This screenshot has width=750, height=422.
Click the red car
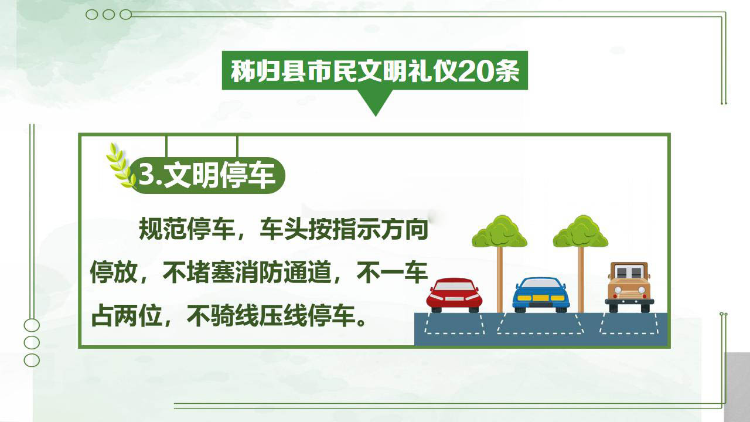pyautogui.click(x=454, y=295)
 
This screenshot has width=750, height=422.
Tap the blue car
pyautogui.click(x=541, y=294)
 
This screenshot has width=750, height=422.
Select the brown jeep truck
pyautogui.click(x=629, y=287)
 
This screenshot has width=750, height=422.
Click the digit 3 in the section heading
pyautogui.click(x=146, y=174)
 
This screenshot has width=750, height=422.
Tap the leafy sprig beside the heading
pyautogui.click(x=120, y=165)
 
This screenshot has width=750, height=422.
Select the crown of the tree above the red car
pyautogui.click(x=500, y=232)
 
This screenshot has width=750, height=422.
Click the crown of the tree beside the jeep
pyautogui.click(x=581, y=232)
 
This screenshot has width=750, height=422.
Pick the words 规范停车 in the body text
pyautogui.click(x=187, y=229)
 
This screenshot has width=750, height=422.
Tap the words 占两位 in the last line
pyautogui.click(x=127, y=315)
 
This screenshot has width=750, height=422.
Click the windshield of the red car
pyautogui.click(x=454, y=286)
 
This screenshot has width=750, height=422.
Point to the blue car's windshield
pyautogui.click(x=541, y=283)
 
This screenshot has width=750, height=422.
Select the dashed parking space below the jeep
pyautogui.click(x=629, y=324)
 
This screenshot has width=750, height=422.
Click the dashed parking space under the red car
pyautogui.click(x=454, y=324)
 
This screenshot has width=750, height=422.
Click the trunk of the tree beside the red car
pyautogui.click(x=500, y=280)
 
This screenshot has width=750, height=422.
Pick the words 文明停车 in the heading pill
pyautogui.click(x=219, y=175)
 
